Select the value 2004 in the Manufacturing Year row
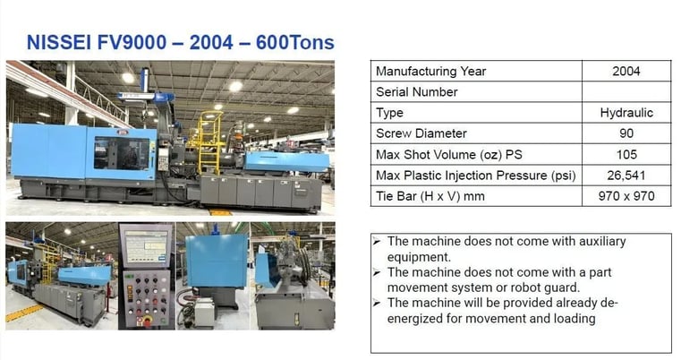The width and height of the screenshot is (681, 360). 626,72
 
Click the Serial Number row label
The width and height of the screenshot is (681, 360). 416,92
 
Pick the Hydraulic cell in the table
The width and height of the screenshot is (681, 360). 626,113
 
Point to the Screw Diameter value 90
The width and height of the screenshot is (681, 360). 626,133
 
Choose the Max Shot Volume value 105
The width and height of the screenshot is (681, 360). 626,154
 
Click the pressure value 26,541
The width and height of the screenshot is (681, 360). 626,175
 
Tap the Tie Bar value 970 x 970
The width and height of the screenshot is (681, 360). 626,195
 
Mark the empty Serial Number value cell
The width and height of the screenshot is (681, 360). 626,92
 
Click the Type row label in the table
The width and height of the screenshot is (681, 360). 390,113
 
